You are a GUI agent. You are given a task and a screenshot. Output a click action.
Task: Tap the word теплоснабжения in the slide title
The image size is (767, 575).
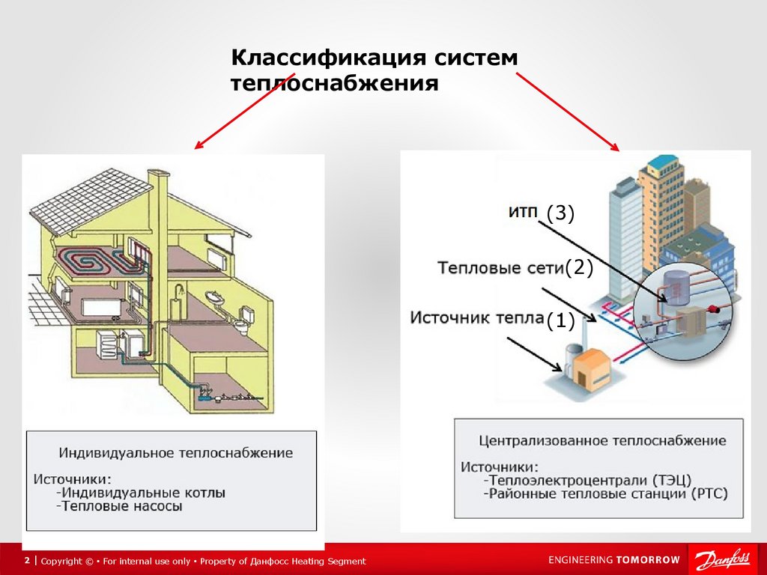pyautogui.click(x=334, y=82)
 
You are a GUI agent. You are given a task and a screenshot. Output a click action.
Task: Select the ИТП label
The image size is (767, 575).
pyautogui.click(x=523, y=213)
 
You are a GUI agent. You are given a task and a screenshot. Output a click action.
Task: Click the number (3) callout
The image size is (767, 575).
pyautogui.click(x=560, y=214)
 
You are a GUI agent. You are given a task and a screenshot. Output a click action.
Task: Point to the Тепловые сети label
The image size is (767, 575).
pyautogui.click(x=500, y=268)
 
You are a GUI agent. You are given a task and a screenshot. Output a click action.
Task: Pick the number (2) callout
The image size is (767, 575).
pyautogui.click(x=578, y=268)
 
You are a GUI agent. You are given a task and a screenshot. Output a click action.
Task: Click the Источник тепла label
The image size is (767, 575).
pyautogui.click(x=476, y=318)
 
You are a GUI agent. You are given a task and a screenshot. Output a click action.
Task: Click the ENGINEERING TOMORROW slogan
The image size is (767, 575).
pyautogui.click(x=613, y=560)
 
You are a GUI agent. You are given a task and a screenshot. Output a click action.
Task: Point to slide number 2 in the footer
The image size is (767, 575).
pyautogui.click(x=27, y=561)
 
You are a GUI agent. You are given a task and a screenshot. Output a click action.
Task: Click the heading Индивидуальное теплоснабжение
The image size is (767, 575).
pyautogui.click(x=175, y=453)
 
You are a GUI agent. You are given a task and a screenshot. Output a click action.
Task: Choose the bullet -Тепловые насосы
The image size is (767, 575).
pyautogui.click(x=118, y=507)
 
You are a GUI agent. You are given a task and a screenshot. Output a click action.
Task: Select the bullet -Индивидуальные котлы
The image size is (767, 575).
pyautogui.click(x=140, y=493)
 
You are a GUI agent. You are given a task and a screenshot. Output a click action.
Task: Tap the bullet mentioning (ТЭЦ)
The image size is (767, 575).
pyautogui.click(x=587, y=480)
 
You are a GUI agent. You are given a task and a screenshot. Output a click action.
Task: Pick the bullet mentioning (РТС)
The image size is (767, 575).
pyautogui.click(x=605, y=493)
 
